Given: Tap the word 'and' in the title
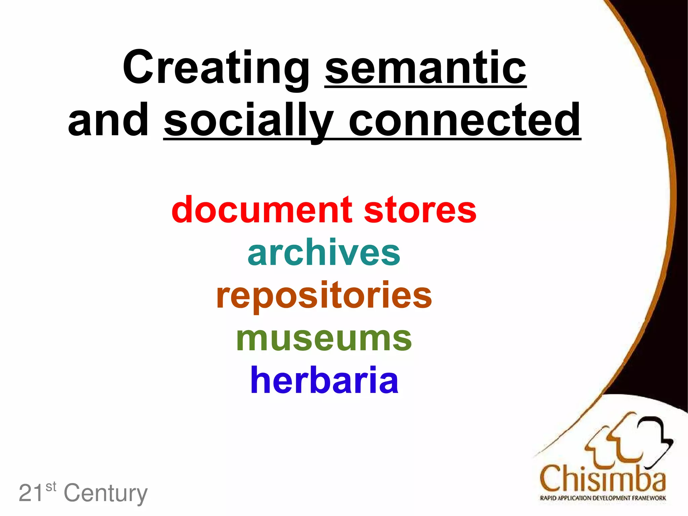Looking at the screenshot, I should [108, 120].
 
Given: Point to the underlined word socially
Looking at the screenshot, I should [249, 121].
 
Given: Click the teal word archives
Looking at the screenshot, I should [324, 252].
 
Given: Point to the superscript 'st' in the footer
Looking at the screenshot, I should [51, 486].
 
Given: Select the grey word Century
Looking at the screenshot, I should [105, 493].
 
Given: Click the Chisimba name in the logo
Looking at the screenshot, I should [603, 478].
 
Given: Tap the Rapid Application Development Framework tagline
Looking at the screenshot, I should [603, 498].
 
